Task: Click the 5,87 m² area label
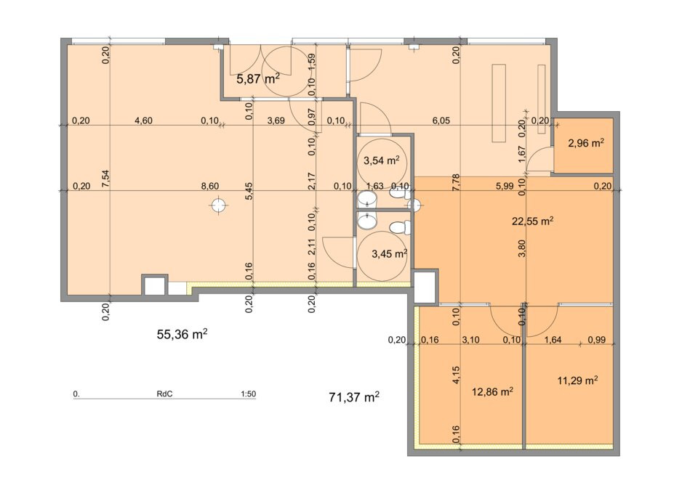pos(258,79)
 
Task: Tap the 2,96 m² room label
pos(586,143)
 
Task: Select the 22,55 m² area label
pos(532,221)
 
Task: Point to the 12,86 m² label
pos(492,392)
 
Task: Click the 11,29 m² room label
pos(577,380)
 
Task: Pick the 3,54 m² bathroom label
pos(381,160)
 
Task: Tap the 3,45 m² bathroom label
pos(390,254)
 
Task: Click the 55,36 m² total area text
pos(182,334)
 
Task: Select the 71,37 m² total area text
pos(354,397)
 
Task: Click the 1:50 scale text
pos(248,394)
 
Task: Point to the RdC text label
pos(164,394)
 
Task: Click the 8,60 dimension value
pos(209,186)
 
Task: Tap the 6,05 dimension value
pos(441,121)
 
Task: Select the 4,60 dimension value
pos(143,121)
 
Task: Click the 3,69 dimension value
pos(276,121)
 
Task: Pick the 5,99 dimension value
pos(505,186)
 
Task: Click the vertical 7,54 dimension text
pos(105,179)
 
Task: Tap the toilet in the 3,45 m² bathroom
pos(399,228)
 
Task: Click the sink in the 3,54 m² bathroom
pos(366,200)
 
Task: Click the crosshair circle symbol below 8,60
pos(218,205)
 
